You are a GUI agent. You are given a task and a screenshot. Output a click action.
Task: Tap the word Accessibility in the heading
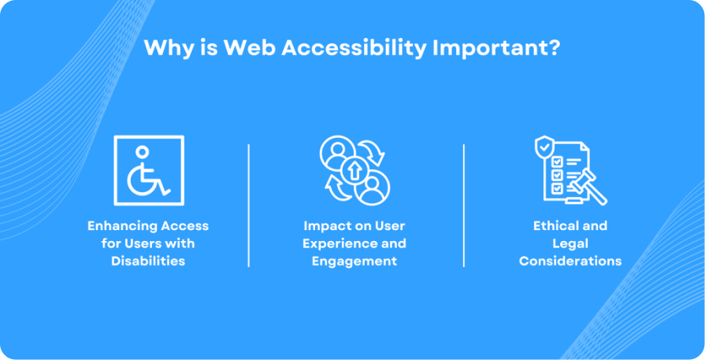pyautogui.click(x=353, y=47)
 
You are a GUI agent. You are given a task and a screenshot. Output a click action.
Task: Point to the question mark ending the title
pyautogui.click(x=554, y=47)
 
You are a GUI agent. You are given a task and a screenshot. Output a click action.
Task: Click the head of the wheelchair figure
pyautogui.click(x=142, y=152)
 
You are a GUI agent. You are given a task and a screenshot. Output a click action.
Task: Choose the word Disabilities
pyautogui.click(x=148, y=261)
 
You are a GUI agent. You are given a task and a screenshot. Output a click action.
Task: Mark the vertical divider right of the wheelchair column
pyautogui.click(x=249, y=206)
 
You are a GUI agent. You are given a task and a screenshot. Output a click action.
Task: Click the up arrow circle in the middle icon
pyautogui.click(x=354, y=171)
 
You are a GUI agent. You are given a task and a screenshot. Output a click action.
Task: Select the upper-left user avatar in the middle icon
pyautogui.click(x=337, y=154)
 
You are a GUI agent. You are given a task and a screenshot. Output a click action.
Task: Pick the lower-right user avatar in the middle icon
pyautogui.click(x=372, y=187)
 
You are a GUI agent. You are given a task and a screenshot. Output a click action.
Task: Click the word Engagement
pyautogui.click(x=354, y=261)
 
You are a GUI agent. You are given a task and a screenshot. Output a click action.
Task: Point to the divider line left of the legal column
pyautogui.click(x=463, y=206)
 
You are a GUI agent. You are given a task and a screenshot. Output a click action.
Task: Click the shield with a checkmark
pyautogui.click(x=544, y=147)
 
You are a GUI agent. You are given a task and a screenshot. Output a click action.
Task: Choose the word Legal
pyautogui.click(x=570, y=243)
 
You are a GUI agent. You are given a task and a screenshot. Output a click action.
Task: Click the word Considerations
pyautogui.click(x=570, y=261)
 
